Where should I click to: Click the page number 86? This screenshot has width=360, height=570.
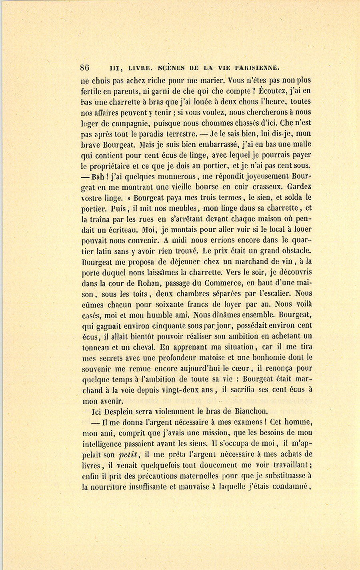tap(85, 67)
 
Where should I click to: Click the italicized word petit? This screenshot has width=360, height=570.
tap(128, 454)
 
